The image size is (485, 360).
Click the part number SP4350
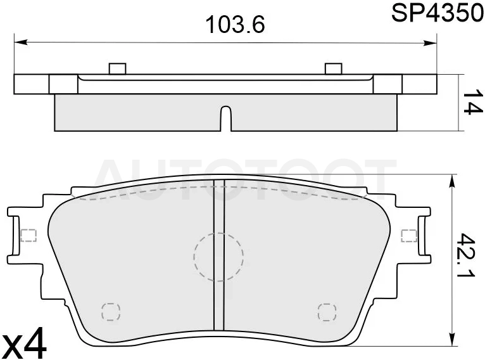(438, 13)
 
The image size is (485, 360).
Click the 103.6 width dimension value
(236, 25)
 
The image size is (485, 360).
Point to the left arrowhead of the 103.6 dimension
(21, 42)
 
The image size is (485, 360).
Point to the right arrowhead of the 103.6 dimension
(430, 43)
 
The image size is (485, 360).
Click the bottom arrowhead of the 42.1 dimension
(453, 338)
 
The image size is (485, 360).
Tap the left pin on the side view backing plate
(118, 68)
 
